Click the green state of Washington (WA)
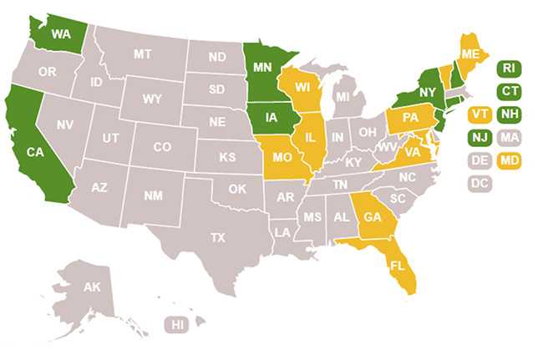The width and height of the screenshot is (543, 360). pos(60,34)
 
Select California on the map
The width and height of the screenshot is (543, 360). pos(34,152)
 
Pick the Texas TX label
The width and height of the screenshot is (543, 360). pos(217,237)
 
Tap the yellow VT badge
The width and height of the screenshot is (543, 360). pos(479,114)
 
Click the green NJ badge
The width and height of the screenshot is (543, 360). pos(479,136)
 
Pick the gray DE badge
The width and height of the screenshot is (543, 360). pos(479,159)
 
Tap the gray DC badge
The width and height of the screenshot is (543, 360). pos(479,182)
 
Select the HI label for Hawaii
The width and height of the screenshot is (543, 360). pos(176,324)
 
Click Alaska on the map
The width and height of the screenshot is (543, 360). pos(92,288)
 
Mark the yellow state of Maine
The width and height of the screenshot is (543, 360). pos(470,53)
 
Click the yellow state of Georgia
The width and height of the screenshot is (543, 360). pos(372,216)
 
